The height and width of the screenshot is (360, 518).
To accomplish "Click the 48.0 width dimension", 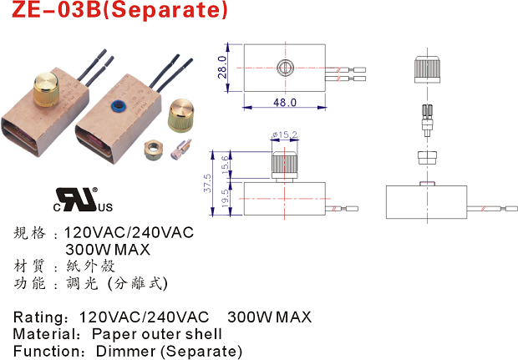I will point(285,103).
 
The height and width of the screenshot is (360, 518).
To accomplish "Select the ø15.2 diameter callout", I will point(284,134).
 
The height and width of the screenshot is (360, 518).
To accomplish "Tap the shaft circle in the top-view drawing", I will point(285,65).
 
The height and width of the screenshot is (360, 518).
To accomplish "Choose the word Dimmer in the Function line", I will point(124,351).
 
